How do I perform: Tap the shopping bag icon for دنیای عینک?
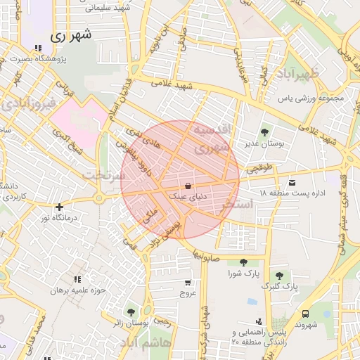pos(188,186)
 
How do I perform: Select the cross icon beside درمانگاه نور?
pos(59,207)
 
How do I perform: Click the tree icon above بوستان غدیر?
pos(264,131)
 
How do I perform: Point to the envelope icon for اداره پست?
pos(292,183)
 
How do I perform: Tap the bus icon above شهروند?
pos(304,314)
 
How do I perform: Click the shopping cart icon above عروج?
pos(187,282)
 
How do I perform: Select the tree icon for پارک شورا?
pos(243,262)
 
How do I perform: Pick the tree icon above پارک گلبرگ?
pos(280,275)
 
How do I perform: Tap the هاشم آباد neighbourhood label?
pos(144,342)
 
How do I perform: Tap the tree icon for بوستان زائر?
pos(131,311)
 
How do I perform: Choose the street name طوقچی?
pos(259,169)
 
